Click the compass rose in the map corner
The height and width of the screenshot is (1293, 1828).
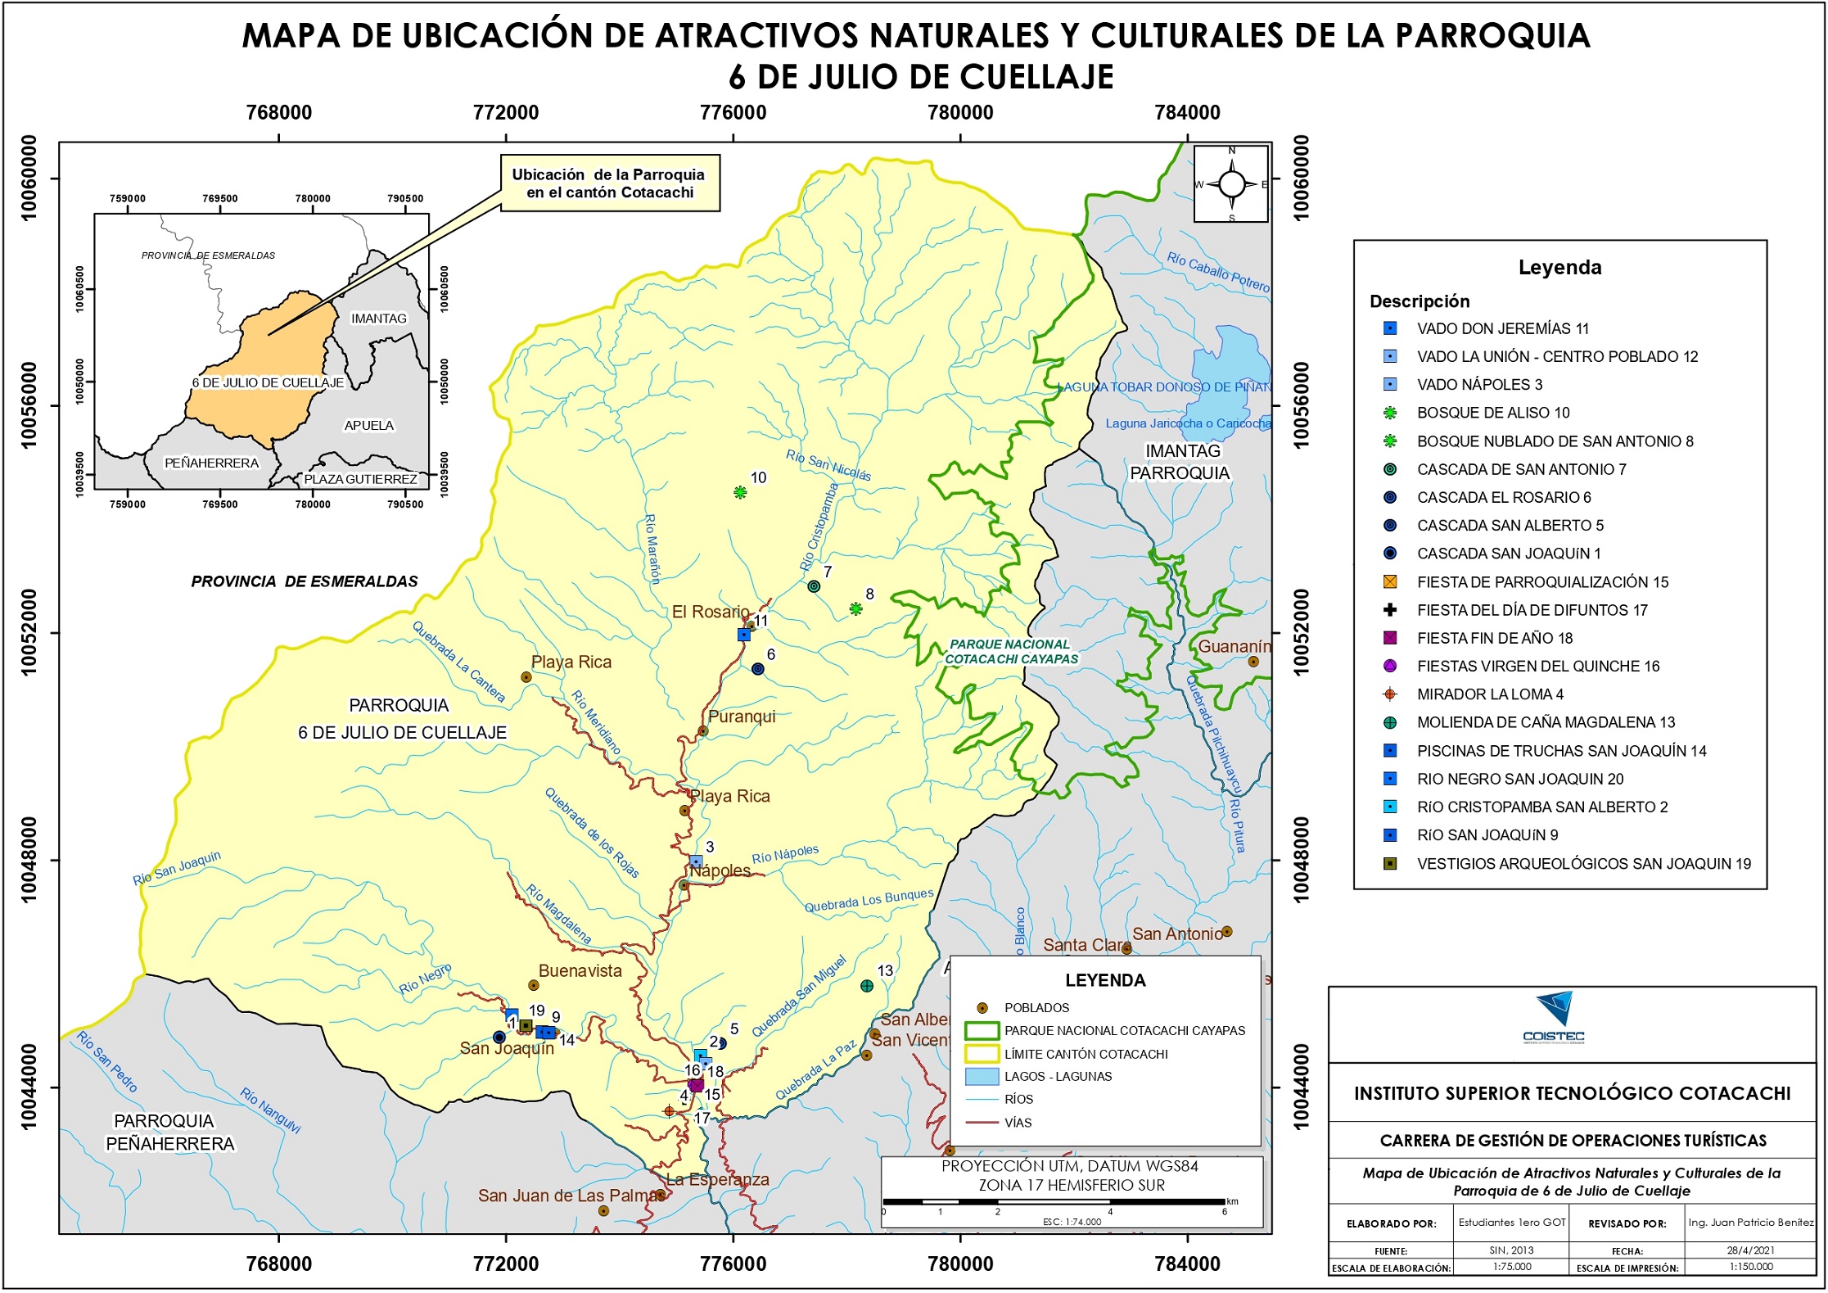tap(1231, 184)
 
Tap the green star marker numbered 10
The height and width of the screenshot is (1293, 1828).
tap(740, 492)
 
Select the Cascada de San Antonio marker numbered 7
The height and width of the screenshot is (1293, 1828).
tap(814, 586)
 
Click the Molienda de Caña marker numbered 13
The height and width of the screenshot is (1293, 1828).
tap(867, 986)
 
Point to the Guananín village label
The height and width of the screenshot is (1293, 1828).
tap(1234, 646)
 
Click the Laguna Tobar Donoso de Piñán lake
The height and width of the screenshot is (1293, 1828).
tap(1228, 368)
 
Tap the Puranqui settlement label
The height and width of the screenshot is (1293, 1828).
tap(741, 717)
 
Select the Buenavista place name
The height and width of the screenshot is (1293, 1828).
tap(580, 971)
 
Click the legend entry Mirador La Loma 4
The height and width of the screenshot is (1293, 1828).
tap(1489, 694)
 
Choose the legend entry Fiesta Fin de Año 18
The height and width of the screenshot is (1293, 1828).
tap(1494, 638)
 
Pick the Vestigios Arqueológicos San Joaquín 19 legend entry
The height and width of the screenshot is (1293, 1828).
tap(1582, 864)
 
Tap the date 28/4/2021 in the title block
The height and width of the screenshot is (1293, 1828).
tap(1750, 1250)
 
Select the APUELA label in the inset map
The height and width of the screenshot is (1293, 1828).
tap(369, 425)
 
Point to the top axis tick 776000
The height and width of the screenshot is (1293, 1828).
tap(733, 113)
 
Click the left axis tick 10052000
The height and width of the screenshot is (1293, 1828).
tap(29, 632)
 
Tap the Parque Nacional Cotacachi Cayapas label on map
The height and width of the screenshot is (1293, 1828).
tap(1011, 652)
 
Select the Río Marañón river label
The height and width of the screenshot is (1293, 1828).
tap(652, 549)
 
